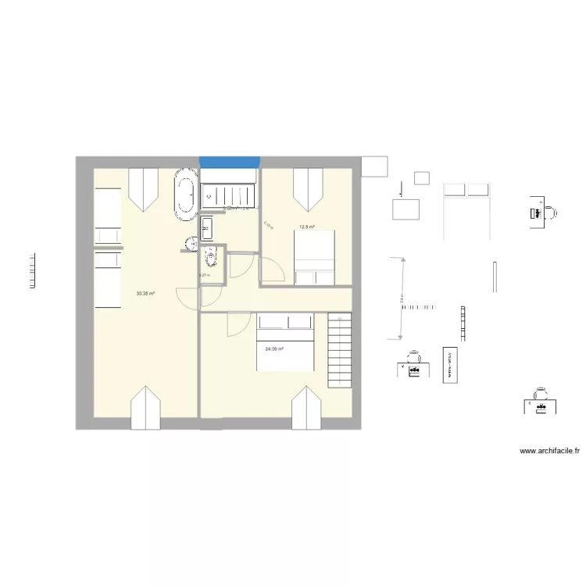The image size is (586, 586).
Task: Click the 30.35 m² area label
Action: click(x=145, y=294)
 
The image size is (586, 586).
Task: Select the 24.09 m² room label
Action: click(x=273, y=349)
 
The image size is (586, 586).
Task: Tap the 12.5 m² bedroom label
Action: click(x=307, y=227)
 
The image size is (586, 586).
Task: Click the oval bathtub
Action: click(x=185, y=195)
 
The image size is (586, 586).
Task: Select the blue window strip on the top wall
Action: click(x=229, y=162)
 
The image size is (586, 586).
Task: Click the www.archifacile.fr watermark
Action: click(x=550, y=451)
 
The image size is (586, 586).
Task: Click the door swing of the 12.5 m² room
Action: click(x=271, y=270)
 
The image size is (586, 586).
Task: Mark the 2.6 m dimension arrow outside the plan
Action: click(x=402, y=299)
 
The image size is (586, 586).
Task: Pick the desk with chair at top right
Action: click(x=541, y=213)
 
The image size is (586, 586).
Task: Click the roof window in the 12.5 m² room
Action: click(x=306, y=190)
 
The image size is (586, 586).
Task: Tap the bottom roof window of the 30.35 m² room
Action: click(x=145, y=409)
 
